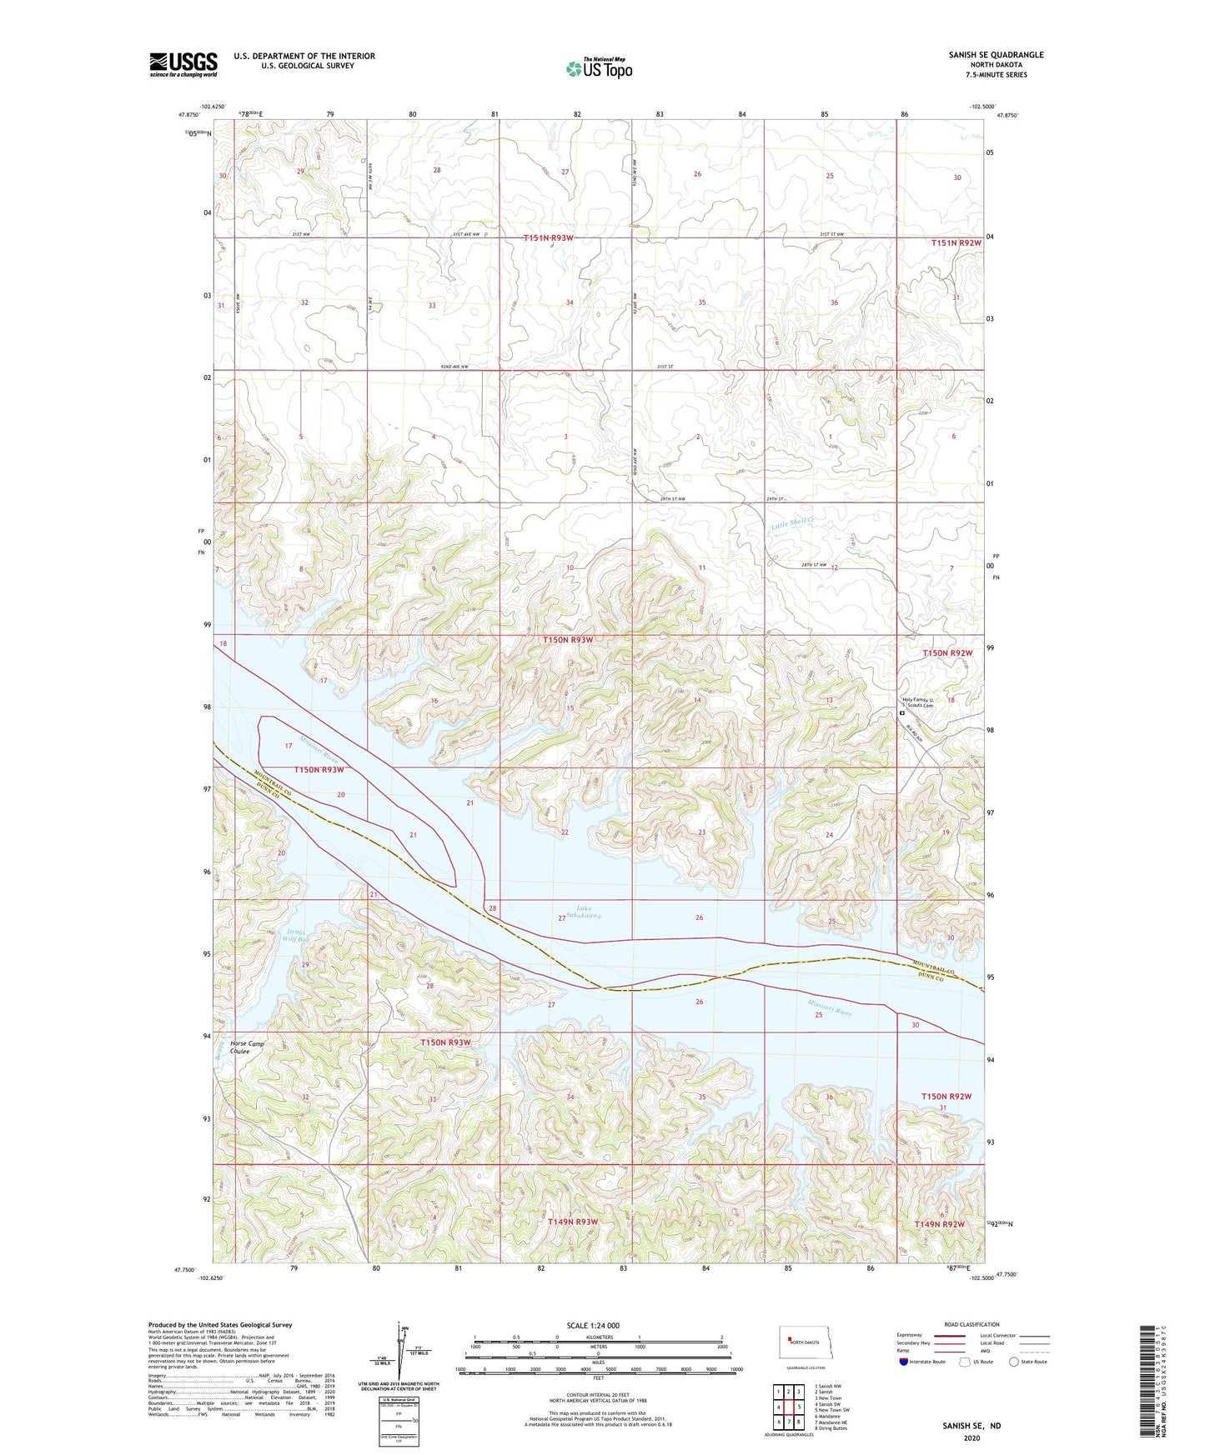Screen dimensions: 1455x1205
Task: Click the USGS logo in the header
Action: (x=183, y=64)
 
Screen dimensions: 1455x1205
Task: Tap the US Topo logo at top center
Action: (x=599, y=68)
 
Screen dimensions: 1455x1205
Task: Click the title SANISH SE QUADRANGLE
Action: (x=996, y=55)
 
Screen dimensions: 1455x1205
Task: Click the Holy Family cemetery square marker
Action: (x=901, y=713)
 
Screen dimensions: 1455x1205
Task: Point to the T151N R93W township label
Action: (x=548, y=238)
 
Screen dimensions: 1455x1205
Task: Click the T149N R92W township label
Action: (x=939, y=1223)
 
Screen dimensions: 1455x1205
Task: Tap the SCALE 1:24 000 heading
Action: (x=592, y=1325)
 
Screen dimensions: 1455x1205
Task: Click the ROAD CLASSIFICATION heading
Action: (x=972, y=1324)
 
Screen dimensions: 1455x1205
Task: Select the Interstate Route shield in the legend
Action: (x=904, y=1362)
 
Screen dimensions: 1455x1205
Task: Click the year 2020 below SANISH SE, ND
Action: (x=971, y=1437)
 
